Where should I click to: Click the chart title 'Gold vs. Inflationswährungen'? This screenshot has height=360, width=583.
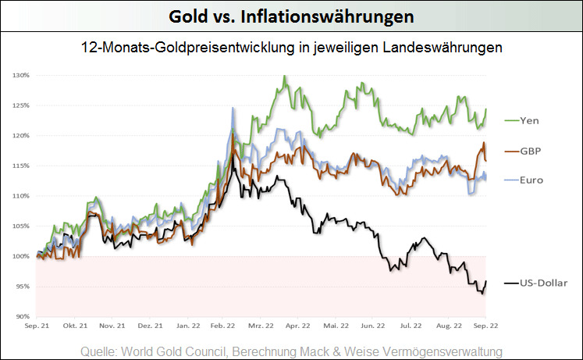(291, 16)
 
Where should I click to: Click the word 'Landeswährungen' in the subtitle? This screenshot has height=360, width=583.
(449, 48)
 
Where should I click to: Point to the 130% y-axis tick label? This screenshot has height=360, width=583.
(20, 76)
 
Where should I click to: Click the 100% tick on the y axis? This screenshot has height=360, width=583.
(20, 256)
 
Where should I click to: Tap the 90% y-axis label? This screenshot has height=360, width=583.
(22, 316)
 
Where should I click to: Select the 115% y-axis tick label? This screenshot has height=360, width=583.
(20, 166)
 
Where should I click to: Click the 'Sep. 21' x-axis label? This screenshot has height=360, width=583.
(37, 325)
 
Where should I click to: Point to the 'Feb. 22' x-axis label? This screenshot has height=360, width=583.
(224, 325)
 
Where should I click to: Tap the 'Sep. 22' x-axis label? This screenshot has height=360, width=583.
(485, 325)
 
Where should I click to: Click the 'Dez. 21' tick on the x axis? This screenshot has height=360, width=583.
(149, 325)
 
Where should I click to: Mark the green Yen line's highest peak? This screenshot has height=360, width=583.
(284, 77)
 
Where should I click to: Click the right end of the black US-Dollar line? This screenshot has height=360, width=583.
(486, 281)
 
